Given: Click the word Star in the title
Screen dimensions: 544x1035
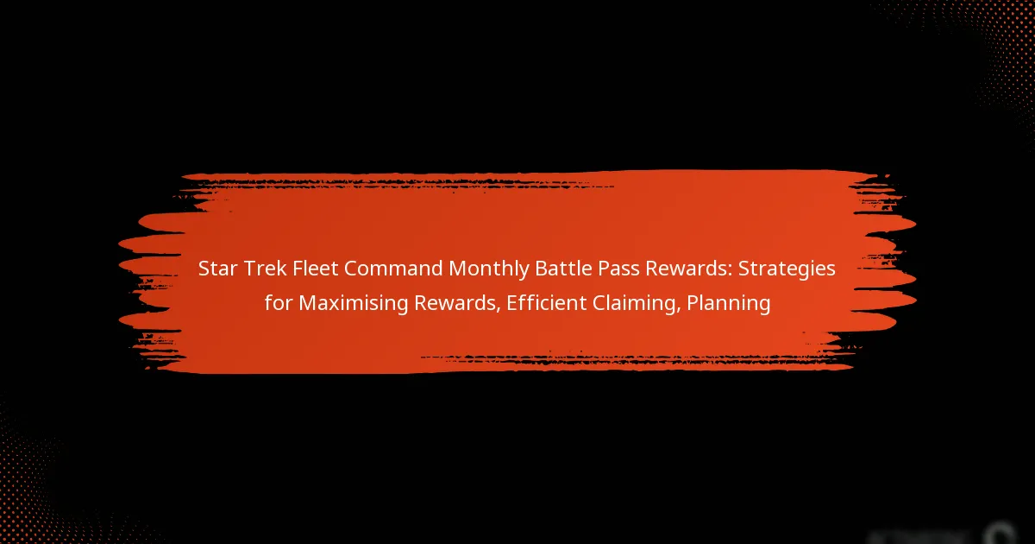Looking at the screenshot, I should pyautogui.click(x=217, y=269).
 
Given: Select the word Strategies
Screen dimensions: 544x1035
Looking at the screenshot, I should pyautogui.click(x=783, y=269).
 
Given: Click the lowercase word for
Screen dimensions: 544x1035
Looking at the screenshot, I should pyautogui.click(x=277, y=304).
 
